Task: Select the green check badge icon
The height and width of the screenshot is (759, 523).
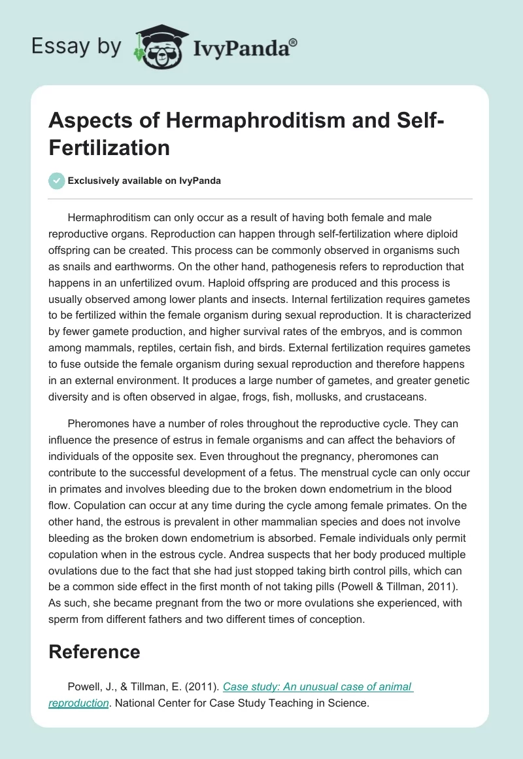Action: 57,181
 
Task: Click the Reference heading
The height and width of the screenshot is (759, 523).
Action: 94,651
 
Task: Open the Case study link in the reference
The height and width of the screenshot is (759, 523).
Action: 318,686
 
